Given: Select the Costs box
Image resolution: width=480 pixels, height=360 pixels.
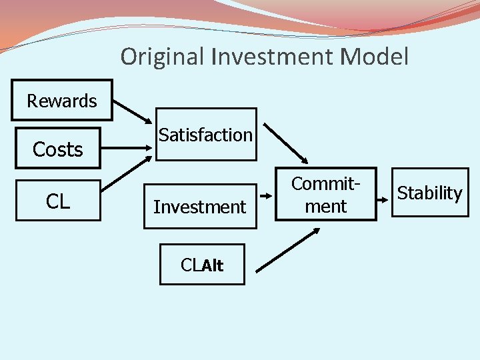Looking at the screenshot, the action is (58, 149).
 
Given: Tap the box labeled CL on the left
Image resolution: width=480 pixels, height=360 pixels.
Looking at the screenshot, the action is (58, 201).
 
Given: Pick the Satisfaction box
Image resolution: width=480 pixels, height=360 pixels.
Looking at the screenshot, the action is (206, 135).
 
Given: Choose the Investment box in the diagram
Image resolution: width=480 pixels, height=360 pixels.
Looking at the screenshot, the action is (200, 207).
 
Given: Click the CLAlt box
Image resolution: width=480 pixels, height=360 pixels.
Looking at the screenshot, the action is (202, 265).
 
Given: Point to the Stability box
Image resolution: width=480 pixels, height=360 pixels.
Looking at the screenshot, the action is (430, 193).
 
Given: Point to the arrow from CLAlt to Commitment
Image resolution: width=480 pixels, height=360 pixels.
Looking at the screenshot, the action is (287, 249).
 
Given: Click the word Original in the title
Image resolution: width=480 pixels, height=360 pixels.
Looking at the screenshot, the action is (163, 57).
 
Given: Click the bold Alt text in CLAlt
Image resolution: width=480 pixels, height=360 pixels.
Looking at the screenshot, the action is (213, 265).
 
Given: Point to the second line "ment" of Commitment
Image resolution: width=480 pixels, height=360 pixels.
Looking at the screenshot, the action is (326, 207).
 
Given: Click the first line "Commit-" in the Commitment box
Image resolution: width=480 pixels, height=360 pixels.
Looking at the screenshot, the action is (326, 184).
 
